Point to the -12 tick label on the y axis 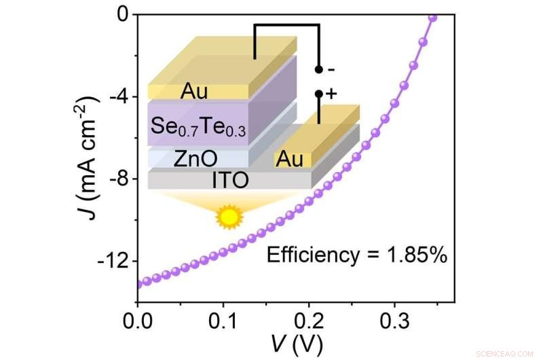click(x=111, y=262)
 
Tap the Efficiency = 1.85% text click(x=356, y=255)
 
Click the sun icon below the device click(x=229, y=217)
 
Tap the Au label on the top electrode click(x=195, y=91)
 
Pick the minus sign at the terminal click(x=330, y=69)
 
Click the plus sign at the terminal click(x=331, y=94)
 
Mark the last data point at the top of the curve click(x=432, y=17)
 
